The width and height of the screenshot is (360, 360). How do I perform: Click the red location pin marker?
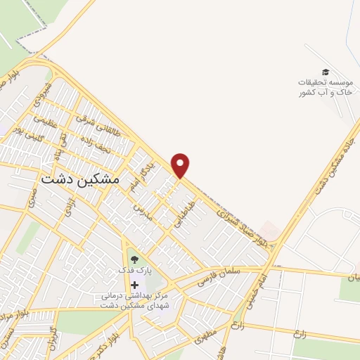(x=181, y=165)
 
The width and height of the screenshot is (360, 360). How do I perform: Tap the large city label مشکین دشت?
(x=80, y=179)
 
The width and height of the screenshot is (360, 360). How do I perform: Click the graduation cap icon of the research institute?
(x=325, y=72)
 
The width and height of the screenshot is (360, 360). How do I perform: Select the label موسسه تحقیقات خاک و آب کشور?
(x=324, y=87)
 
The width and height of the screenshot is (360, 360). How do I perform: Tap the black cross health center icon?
(x=134, y=284)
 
